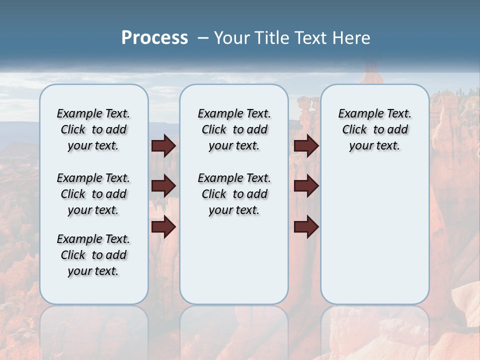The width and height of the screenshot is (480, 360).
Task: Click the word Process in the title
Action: (154, 38)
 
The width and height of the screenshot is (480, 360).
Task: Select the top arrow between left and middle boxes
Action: (163, 145)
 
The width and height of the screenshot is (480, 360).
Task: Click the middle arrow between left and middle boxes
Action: (163, 186)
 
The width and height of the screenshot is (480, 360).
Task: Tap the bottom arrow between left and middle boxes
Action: (163, 227)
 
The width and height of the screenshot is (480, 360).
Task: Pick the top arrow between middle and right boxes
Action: (306, 145)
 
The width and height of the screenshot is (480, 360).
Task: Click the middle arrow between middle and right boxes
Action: (306, 186)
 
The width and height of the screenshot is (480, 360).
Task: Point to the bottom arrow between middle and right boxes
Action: (306, 227)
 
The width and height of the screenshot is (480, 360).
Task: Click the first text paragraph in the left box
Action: (93, 129)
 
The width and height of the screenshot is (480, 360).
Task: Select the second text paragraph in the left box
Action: (93, 194)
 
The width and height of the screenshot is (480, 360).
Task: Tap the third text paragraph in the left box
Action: (93, 255)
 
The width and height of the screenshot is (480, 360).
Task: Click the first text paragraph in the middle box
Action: (234, 129)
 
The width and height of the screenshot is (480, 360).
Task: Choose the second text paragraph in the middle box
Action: (234, 194)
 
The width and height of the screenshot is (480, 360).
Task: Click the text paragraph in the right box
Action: (374, 129)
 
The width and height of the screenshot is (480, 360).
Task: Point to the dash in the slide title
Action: (202, 38)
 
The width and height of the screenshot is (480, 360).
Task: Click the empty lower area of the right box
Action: (374, 235)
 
